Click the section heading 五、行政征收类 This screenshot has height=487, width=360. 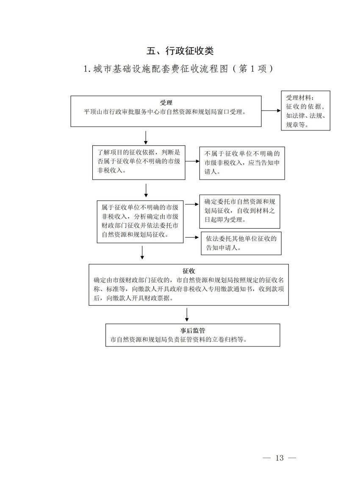(x=180, y=51)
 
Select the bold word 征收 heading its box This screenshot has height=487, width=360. (x=188, y=271)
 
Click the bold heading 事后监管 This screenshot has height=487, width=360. (x=193, y=330)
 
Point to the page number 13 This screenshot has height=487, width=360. (x=279, y=458)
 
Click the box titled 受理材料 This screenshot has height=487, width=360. (x=305, y=111)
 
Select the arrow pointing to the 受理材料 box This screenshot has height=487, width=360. (x=271, y=111)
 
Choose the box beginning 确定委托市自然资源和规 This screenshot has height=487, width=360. (x=240, y=211)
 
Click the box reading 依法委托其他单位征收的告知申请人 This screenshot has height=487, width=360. (x=241, y=243)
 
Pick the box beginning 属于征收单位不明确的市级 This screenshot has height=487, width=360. (x=139, y=221)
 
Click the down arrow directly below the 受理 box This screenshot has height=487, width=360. (x=146, y=137)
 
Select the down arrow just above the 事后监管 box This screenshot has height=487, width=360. (x=186, y=315)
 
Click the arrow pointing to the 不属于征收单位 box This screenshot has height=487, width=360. (x=192, y=161)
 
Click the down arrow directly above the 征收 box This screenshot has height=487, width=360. (x=142, y=252)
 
